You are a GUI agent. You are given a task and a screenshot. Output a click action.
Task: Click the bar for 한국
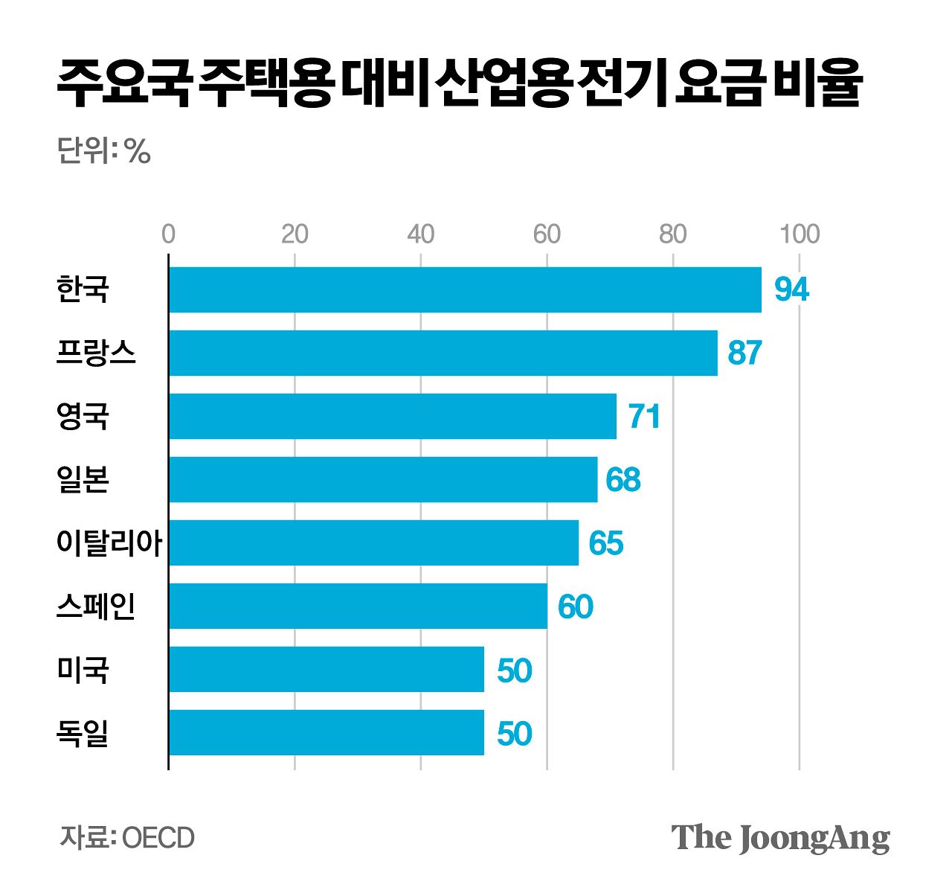pos(465,289)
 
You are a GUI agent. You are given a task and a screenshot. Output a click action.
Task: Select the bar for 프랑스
pos(443,353)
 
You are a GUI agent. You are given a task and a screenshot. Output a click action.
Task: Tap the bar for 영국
pos(393,416)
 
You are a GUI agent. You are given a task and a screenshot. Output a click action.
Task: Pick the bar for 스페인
pos(358,606)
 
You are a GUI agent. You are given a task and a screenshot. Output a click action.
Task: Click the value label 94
pos(791,289)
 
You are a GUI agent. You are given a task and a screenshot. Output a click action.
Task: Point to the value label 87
pos(745,353)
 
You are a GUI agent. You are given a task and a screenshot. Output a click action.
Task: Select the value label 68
pos(623,480)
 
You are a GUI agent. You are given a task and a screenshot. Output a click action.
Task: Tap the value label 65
pos(605,543)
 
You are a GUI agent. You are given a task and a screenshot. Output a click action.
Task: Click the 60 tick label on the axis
pos(547,234)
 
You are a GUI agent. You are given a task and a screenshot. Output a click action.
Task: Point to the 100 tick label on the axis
pos(800,234)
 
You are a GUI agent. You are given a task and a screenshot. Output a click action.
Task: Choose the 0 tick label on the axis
pos(169,234)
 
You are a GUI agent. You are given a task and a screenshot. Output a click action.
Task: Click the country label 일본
pos(83,480)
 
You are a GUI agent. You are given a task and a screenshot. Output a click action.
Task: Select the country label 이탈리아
pos(109,543)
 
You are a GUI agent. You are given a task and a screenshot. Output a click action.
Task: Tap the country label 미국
pos(83,670)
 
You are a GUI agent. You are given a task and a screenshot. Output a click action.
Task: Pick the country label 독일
pos(83,733)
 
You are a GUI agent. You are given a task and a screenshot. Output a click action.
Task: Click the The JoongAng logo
pos(780,838)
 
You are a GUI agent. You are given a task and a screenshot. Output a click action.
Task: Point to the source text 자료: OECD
pos(127,838)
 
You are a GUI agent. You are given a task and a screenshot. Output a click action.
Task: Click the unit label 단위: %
pos(104,152)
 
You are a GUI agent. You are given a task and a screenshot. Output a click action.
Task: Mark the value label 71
pos(644,416)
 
